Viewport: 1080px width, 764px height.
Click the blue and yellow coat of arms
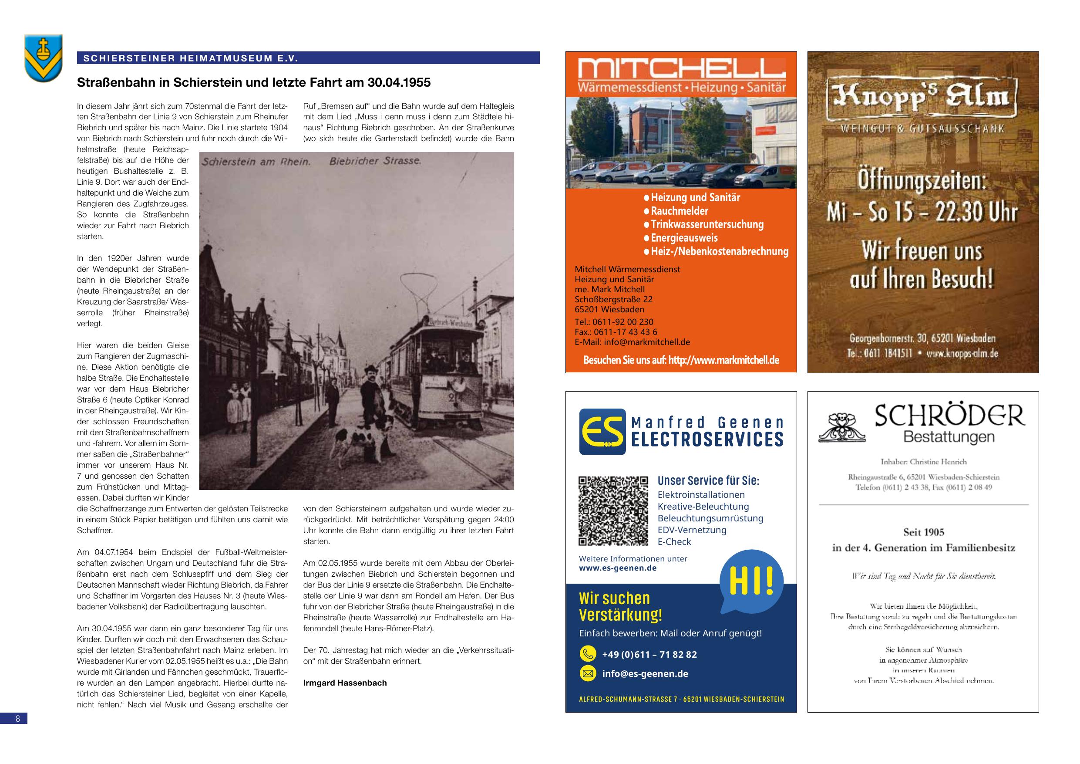(43, 57)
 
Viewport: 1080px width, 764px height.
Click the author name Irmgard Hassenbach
(345, 683)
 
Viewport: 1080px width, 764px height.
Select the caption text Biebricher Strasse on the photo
(375, 161)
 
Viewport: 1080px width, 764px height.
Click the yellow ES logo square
(602, 432)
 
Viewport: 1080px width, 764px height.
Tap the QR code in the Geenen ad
(613, 511)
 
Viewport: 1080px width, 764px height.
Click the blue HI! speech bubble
(751, 582)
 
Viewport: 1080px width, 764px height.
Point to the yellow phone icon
(588, 654)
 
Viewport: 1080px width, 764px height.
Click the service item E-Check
(674, 542)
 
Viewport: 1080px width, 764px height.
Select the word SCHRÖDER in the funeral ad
(949, 416)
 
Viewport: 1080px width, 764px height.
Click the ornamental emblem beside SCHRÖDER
(841, 427)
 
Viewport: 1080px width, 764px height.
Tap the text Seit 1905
(923, 532)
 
